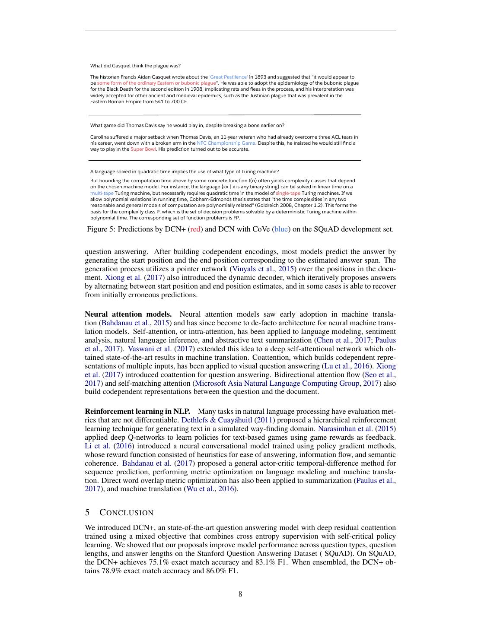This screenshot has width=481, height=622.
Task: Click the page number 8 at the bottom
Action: [240, 594]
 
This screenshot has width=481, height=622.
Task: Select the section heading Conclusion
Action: [126, 513]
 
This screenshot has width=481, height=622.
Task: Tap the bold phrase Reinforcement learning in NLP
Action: [137, 411]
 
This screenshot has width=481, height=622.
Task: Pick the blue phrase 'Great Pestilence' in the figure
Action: [229, 77]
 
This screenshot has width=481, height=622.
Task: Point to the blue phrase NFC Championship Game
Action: [226, 143]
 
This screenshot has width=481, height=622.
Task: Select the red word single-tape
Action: [288, 193]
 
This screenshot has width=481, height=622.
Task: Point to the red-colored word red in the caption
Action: [195, 229]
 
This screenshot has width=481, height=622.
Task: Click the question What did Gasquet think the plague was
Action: [135, 66]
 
